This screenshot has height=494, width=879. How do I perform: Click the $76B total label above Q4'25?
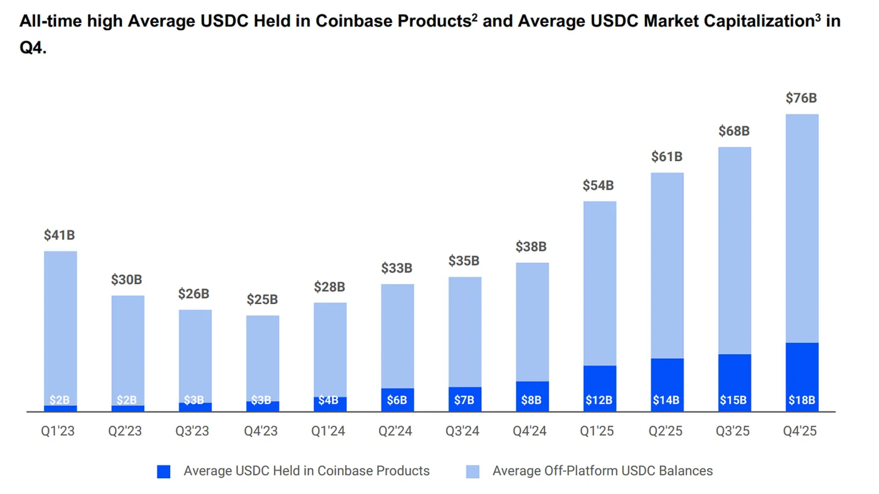801,98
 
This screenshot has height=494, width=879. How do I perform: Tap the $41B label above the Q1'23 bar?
59,235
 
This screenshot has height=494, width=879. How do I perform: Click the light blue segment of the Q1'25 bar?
599,284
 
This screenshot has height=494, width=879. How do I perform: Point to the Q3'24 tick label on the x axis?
462,431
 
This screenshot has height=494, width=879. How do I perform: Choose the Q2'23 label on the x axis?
125,431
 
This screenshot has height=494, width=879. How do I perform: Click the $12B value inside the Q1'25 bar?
599,400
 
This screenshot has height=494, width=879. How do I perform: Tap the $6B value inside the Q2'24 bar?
397,400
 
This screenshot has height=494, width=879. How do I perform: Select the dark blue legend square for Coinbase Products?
163,472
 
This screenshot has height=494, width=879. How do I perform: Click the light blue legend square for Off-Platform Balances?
472,472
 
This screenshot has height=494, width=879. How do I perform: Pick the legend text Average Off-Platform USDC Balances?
602,471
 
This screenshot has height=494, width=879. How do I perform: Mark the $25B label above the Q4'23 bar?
262,300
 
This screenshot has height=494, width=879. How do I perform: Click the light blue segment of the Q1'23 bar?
60,327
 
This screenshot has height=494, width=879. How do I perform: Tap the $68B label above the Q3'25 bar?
734,131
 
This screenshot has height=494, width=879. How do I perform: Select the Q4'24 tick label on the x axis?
530,431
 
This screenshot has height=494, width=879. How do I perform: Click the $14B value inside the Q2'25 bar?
666,400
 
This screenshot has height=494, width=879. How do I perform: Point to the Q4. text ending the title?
33,48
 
